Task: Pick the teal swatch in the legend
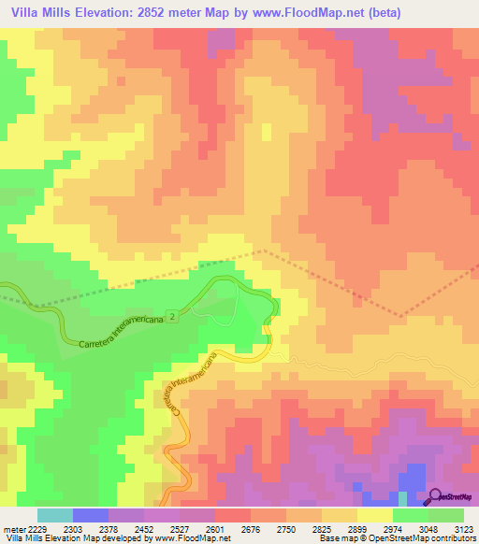pyautogui.click(x=55, y=515)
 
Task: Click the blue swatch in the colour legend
pyautogui.click(x=91, y=515)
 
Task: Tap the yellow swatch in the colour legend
pyautogui.click(x=375, y=515)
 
